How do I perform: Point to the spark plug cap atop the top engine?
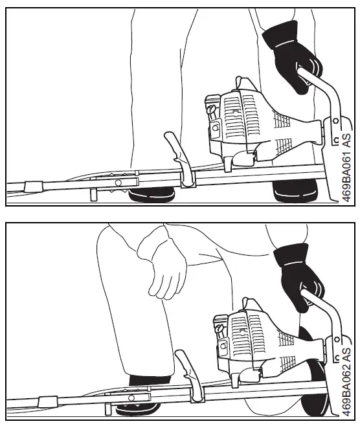pos(240,84)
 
